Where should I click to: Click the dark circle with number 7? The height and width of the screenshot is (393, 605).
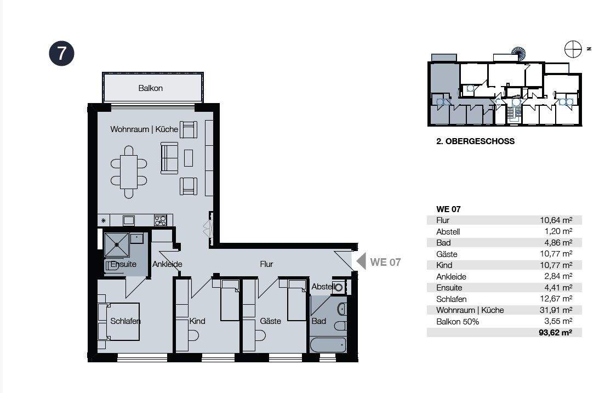61,53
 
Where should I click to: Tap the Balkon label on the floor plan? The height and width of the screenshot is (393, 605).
151,88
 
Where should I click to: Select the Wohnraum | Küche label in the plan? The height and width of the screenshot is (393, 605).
144,129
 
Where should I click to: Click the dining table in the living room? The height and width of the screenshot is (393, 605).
129,172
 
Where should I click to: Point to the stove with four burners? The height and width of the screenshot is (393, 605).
161,220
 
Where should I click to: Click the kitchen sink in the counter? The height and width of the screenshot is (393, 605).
129,220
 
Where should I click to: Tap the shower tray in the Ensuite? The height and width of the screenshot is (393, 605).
117,244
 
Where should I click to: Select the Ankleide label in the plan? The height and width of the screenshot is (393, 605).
167,264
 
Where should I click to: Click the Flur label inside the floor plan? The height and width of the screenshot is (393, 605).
266,264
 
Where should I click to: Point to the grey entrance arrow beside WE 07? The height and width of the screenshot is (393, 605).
361,261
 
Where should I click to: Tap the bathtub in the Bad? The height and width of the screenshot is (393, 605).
328,345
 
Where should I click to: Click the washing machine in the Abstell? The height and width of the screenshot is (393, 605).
338,287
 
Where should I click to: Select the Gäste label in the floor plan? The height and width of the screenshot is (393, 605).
270,321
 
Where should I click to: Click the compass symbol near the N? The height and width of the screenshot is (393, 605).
573,49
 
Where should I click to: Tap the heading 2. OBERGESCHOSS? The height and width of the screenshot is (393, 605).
475,141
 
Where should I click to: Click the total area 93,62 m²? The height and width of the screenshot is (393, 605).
555,332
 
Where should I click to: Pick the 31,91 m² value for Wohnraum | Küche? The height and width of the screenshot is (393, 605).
556,310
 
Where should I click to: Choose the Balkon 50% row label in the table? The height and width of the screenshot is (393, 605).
458,322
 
